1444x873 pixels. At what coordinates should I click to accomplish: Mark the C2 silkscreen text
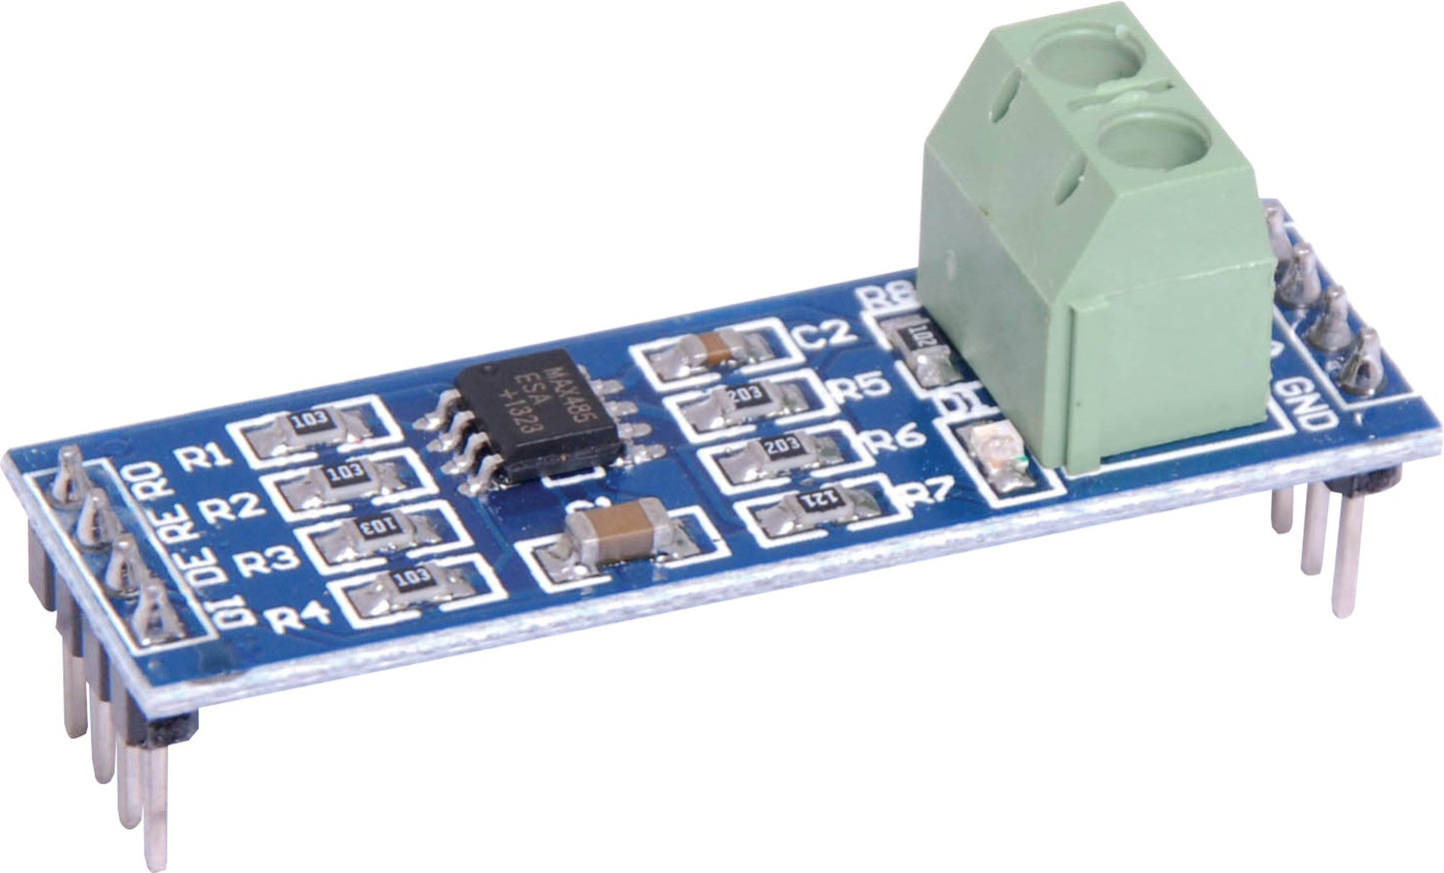tap(825, 333)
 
